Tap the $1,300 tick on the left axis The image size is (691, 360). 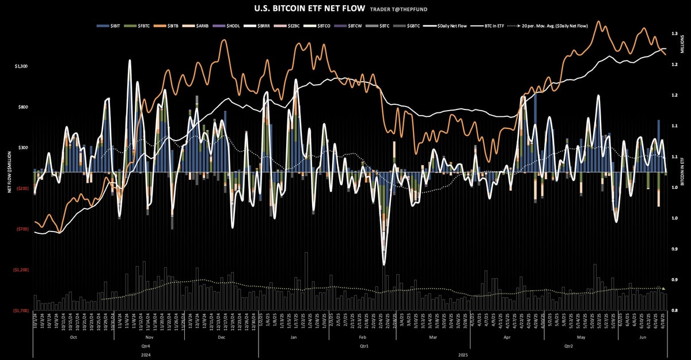[21, 66]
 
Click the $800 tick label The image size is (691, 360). [22, 107]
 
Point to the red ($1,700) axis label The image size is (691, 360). [21, 310]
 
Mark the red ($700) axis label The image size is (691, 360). [22, 229]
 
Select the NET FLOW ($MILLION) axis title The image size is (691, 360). [10, 172]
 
